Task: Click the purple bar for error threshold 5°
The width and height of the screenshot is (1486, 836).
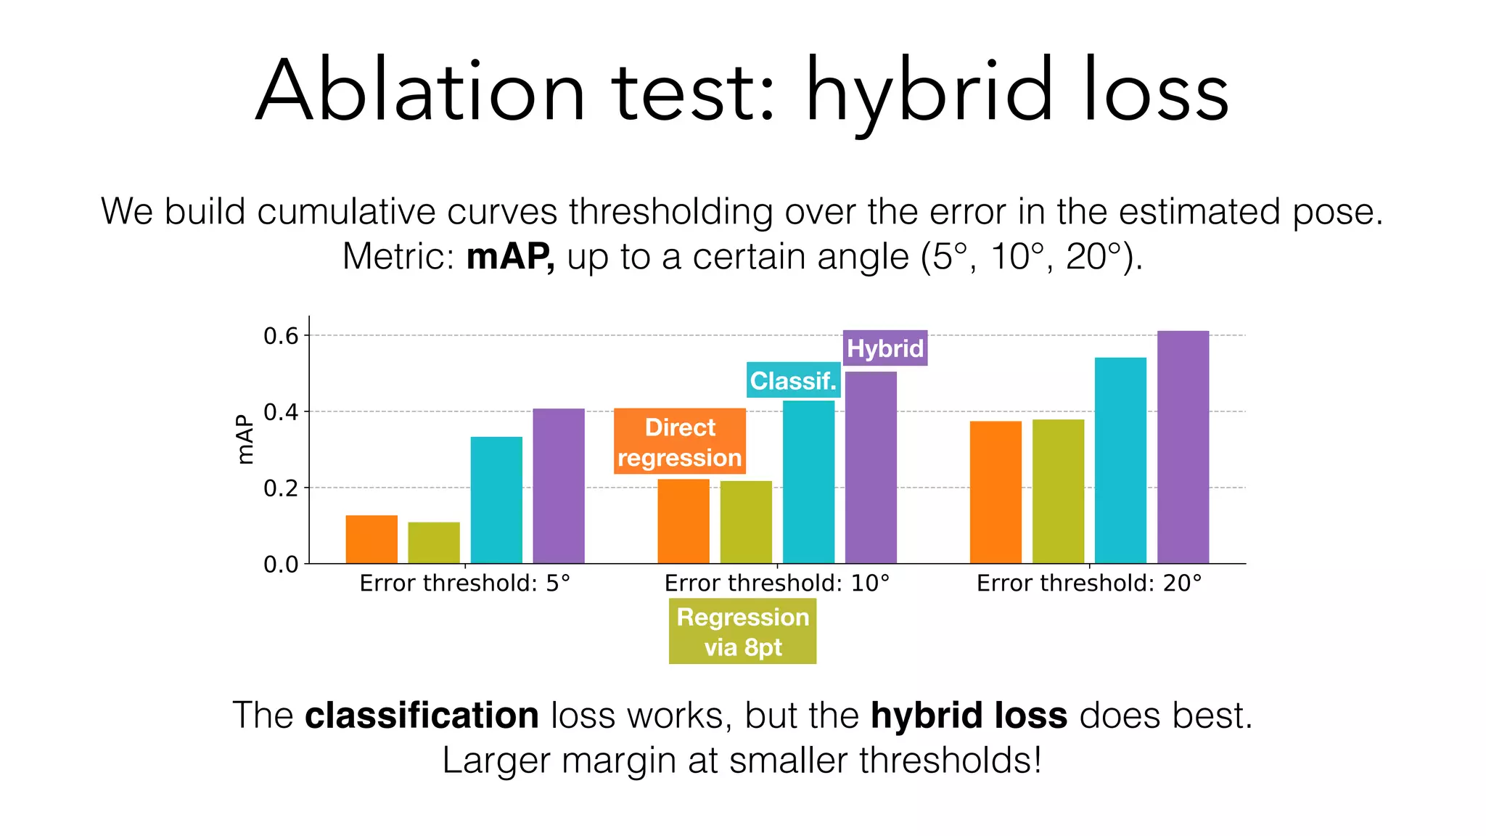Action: (x=559, y=486)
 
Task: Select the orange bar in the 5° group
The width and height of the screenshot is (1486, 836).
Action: (x=371, y=539)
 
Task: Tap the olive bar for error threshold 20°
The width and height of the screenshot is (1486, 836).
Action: (x=1058, y=491)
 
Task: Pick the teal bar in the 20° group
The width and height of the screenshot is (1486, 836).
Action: (x=1120, y=460)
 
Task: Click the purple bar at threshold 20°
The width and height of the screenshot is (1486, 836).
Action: (x=1183, y=447)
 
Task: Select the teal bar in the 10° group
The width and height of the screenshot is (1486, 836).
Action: (x=808, y=482)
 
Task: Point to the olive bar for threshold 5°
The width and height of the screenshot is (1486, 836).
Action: (x=434, y=542)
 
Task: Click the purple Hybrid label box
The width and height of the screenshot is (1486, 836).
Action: (x=884, y=348)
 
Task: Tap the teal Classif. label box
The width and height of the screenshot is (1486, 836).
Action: (x=793, y=380)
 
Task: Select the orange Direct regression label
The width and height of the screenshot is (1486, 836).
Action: (x=680, y=441)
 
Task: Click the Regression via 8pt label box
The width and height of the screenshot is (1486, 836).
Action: (x=742, y=631)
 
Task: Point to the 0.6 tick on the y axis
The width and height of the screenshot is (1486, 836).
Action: (x=281, y=336)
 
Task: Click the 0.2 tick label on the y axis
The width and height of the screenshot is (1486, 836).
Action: (x=281, y=488)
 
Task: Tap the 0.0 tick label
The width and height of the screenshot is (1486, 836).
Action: (x=281, y=565)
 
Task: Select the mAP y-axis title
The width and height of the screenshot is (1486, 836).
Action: (x=246, y=440)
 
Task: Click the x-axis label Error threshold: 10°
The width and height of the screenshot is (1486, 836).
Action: (x=776, y=583)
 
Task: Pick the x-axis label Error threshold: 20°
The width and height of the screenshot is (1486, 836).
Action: (x=1088, y=583)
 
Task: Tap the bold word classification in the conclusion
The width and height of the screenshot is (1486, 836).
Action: (x=422, y=716)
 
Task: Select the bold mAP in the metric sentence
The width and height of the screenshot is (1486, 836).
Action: (x=509, y=257)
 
